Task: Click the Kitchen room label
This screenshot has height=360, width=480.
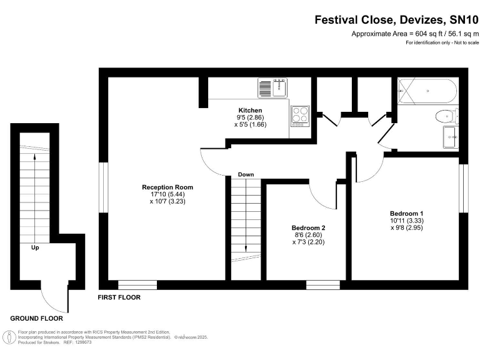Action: (250, 110)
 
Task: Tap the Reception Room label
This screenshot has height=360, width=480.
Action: (167, 187)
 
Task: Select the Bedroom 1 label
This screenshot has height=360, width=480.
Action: (406, 213)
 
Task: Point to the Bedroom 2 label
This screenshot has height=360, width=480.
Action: (308, 227)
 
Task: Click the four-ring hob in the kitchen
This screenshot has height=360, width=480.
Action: (300, 116)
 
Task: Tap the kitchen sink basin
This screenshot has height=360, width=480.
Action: (279, 87)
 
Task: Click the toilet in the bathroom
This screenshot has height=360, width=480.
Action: (447, 116)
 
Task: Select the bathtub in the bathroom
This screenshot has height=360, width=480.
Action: (427, 91)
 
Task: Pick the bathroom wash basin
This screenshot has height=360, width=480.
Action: (451, 137)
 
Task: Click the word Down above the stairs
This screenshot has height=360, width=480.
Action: (246, 174)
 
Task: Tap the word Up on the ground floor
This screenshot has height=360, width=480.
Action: (35, 247)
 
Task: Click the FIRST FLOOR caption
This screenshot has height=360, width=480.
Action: (119, 297)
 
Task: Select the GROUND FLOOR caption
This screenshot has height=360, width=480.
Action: (36, 318)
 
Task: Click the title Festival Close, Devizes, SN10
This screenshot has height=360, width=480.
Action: (396, 20)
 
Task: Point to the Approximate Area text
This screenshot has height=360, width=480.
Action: (415, 34)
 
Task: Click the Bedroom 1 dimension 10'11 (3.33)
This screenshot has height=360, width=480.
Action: (407, 221)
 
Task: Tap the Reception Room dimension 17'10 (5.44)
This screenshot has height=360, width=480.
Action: (167, 194)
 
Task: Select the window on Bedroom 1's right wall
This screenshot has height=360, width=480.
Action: (464, 188)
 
